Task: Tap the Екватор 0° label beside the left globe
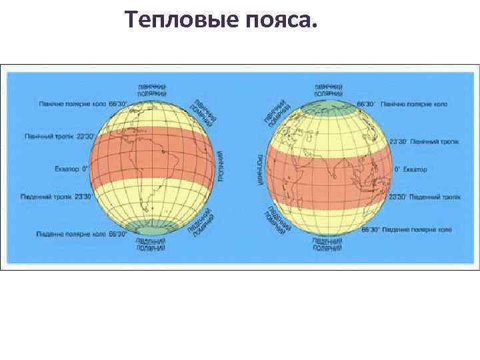pos(72,169)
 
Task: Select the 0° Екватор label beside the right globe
pos(411,169)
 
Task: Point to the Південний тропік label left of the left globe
pos(61,197)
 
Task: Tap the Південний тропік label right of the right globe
pos(424,197)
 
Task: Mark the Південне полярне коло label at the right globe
pos(406,229)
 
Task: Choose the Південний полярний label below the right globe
pos(327,243)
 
